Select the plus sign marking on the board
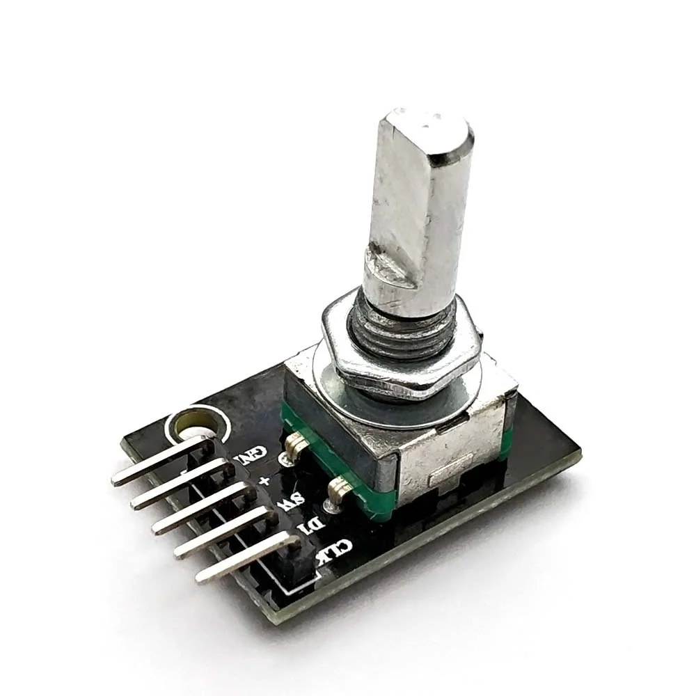pyautogui.click(x=264, y=481)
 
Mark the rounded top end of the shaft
pyautogui.click(x=428, y=129)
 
